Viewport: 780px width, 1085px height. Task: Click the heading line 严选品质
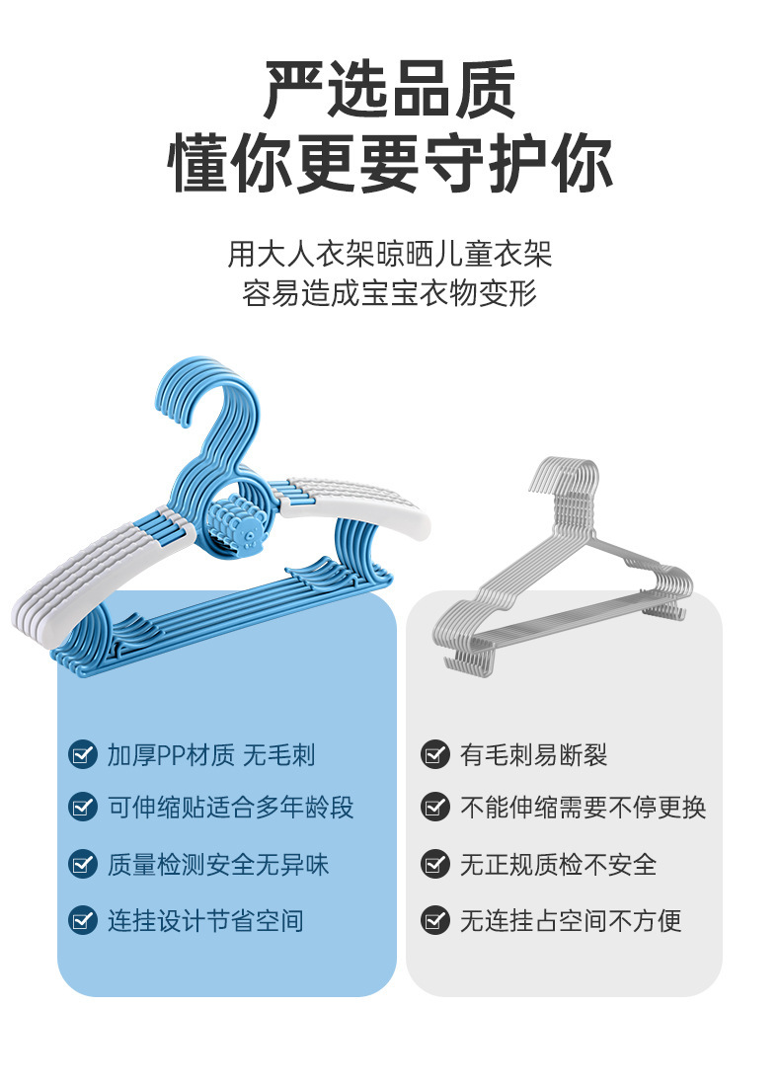(x=390, y=89)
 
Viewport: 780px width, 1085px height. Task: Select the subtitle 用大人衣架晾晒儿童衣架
(x=390, y=254)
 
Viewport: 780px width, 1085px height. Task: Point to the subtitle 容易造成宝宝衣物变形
(x=390, y=293)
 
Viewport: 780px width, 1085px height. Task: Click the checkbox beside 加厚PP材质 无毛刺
(x=83, y=755)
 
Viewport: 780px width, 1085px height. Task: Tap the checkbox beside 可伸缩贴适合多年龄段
(x=83, y=807)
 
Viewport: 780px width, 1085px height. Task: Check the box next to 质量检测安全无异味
(x=83, y=865)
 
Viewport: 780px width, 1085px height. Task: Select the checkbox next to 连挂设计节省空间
(x=83, y=921)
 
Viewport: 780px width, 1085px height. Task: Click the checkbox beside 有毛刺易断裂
(x=435, y=755)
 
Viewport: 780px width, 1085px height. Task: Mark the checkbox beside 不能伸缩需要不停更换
(x=435, y=807)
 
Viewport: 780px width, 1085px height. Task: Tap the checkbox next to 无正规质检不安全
(x=435, y=865)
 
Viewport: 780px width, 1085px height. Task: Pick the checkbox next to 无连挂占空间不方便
(x=435, y=921)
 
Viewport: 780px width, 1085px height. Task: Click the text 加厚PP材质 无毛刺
(x=211, y=755)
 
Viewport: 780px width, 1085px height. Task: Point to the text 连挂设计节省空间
(x=205, y=921)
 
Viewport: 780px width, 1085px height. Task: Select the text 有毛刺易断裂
(x=534, y=755)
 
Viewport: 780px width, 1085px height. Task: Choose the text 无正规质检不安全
(x=559, y=865)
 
